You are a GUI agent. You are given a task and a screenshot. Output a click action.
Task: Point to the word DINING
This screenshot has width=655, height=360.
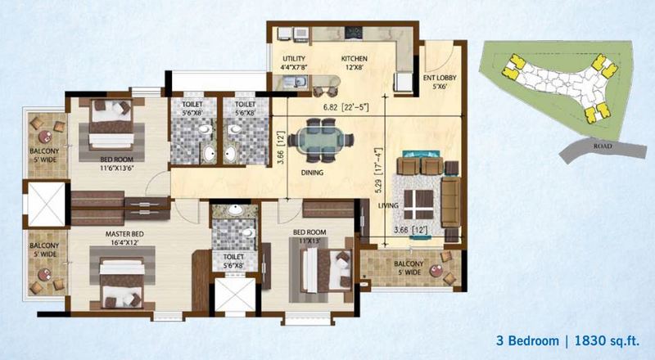pyautogui.click(x=312, y=173)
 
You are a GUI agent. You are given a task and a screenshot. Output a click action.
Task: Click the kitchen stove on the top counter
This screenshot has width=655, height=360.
pyautogui.click(x=355, y=33)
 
